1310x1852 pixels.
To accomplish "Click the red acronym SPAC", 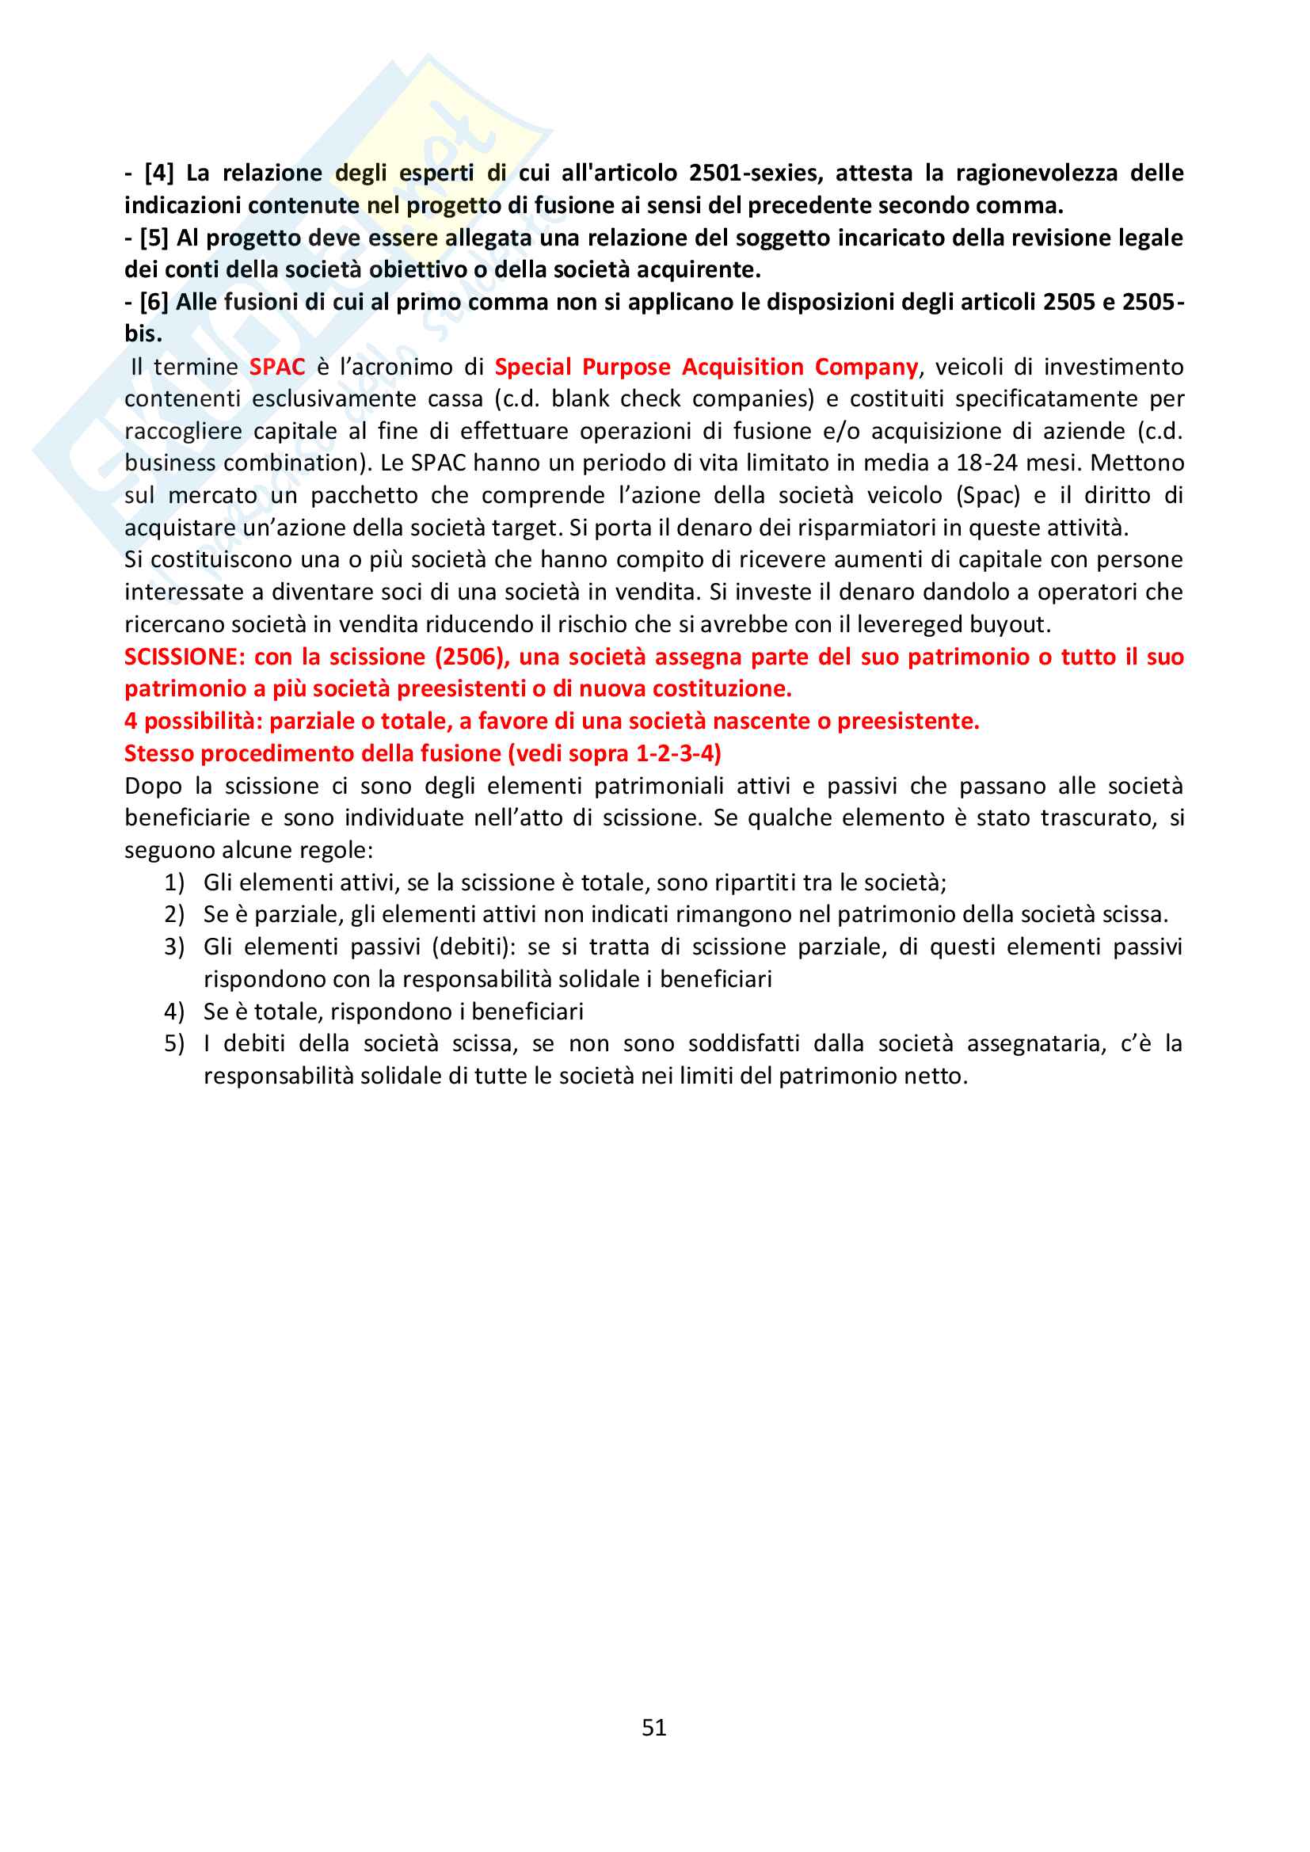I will tap(276, 367).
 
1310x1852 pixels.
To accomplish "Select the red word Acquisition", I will tap(742, 367).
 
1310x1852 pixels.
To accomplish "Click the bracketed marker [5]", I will tap(154, 238).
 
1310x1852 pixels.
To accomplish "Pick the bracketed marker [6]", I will tap(154, 303).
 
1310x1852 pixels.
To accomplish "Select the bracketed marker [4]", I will tap(159, 173).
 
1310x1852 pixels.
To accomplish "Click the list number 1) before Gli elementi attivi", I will tap(174, 882).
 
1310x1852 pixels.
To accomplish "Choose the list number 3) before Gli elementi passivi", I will tap(174, 947).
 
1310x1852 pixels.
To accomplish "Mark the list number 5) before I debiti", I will tap(174, 1044).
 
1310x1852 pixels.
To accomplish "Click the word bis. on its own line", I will tap(143, 334).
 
